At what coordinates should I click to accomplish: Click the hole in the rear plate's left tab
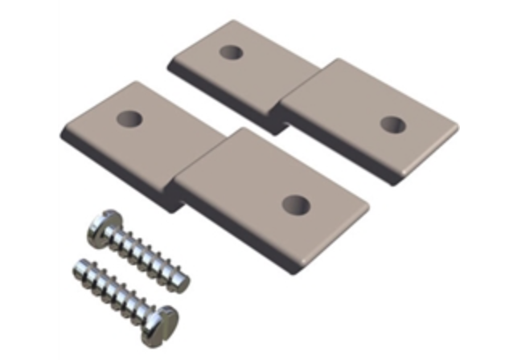[231, 52]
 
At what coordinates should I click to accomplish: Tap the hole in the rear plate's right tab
[392, 124]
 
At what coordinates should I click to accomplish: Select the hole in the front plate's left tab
[128, 119]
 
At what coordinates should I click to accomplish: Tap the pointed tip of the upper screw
[187, 282]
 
